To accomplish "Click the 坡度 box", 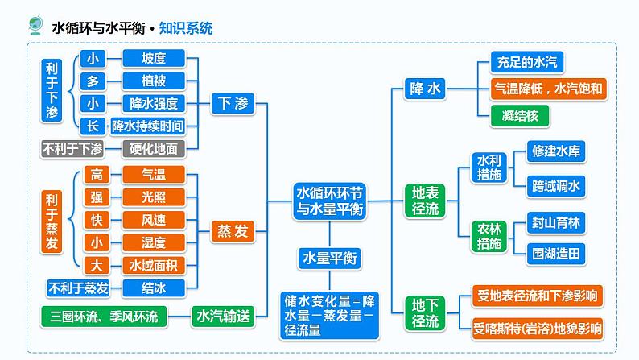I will (x=153, y=58).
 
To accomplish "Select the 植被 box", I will (x=153, y=81).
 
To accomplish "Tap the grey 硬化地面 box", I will (x=153, y=148).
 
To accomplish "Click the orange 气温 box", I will (x=153, y=174).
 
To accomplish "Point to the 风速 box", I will (x=153, y=220).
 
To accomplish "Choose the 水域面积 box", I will (x=153, y=265).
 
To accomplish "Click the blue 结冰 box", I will (x=153, y=288).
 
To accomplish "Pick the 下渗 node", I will (x=234, y=103).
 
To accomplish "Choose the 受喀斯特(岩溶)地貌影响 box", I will (x=538, y=328).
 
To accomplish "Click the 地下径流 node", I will (x=426, y=313).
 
